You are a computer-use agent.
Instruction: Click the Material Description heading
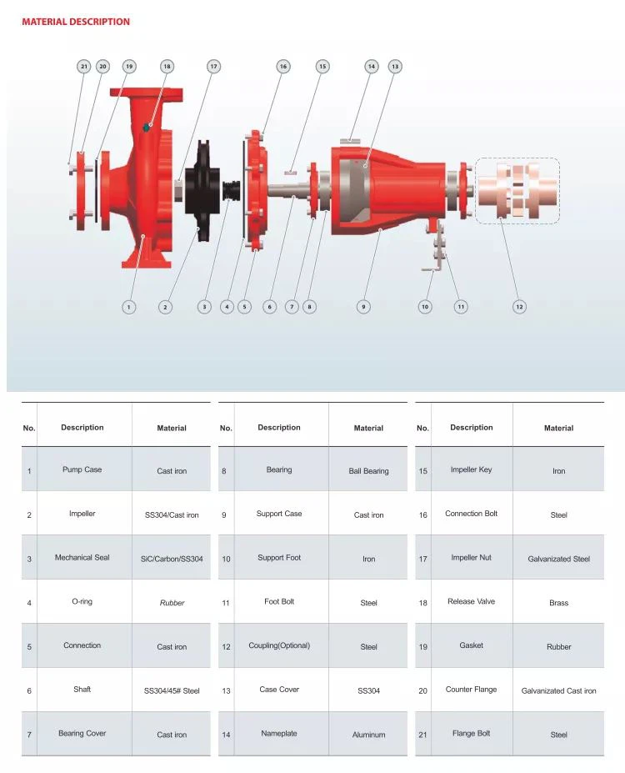[x=76, y=22]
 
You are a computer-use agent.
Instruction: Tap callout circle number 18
[x=167, y=67]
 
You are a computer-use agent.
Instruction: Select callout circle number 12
[x=519, y=307]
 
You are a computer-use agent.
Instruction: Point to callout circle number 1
[x=128, y=307]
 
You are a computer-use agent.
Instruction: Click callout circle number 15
[x=322, y=67]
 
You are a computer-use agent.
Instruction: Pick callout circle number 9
[x=363, y=307]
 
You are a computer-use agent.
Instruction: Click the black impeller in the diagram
[x=202, y=191]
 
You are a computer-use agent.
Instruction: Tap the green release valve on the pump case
[x=147, y=128]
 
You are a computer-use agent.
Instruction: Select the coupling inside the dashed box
[x=517, y=190]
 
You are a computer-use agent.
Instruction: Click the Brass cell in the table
[x=558, y=603]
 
